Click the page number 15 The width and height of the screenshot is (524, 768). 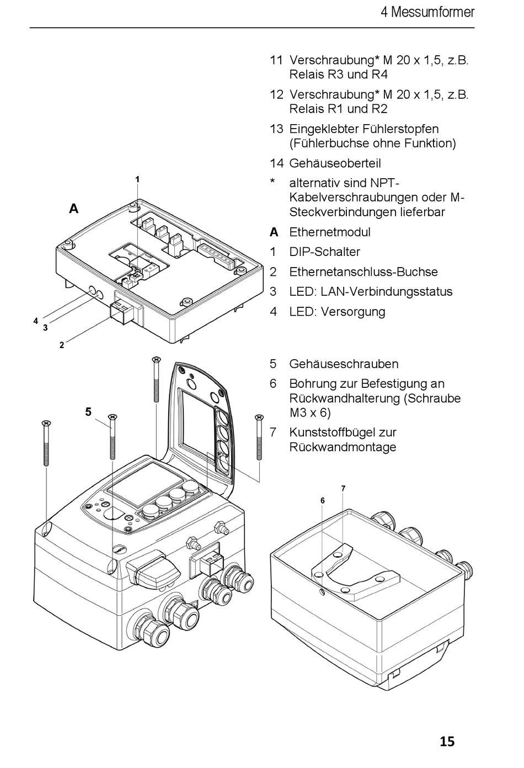click(447, 741)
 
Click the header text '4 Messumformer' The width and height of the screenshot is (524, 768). click(427, 12)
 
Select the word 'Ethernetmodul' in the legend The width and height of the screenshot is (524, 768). click(329, 232)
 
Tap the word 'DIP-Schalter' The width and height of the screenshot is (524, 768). click(324, 252)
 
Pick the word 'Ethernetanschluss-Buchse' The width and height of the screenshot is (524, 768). click(363, 272)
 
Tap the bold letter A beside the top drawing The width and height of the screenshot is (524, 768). click(73, 209)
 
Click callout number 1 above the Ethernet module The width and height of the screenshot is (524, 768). click(137, 179)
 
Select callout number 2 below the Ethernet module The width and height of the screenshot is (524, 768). click(62, 345)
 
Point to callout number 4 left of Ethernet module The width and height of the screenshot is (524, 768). click(35, 321)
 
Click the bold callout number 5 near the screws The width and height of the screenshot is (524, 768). click(88, 412)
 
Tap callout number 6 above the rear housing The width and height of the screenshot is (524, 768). click(323, 500)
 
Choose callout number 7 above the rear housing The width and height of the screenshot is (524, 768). click(343, 488)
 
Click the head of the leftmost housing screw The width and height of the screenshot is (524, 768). click(46, 424)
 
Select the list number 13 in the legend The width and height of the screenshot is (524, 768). click(276, 129)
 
